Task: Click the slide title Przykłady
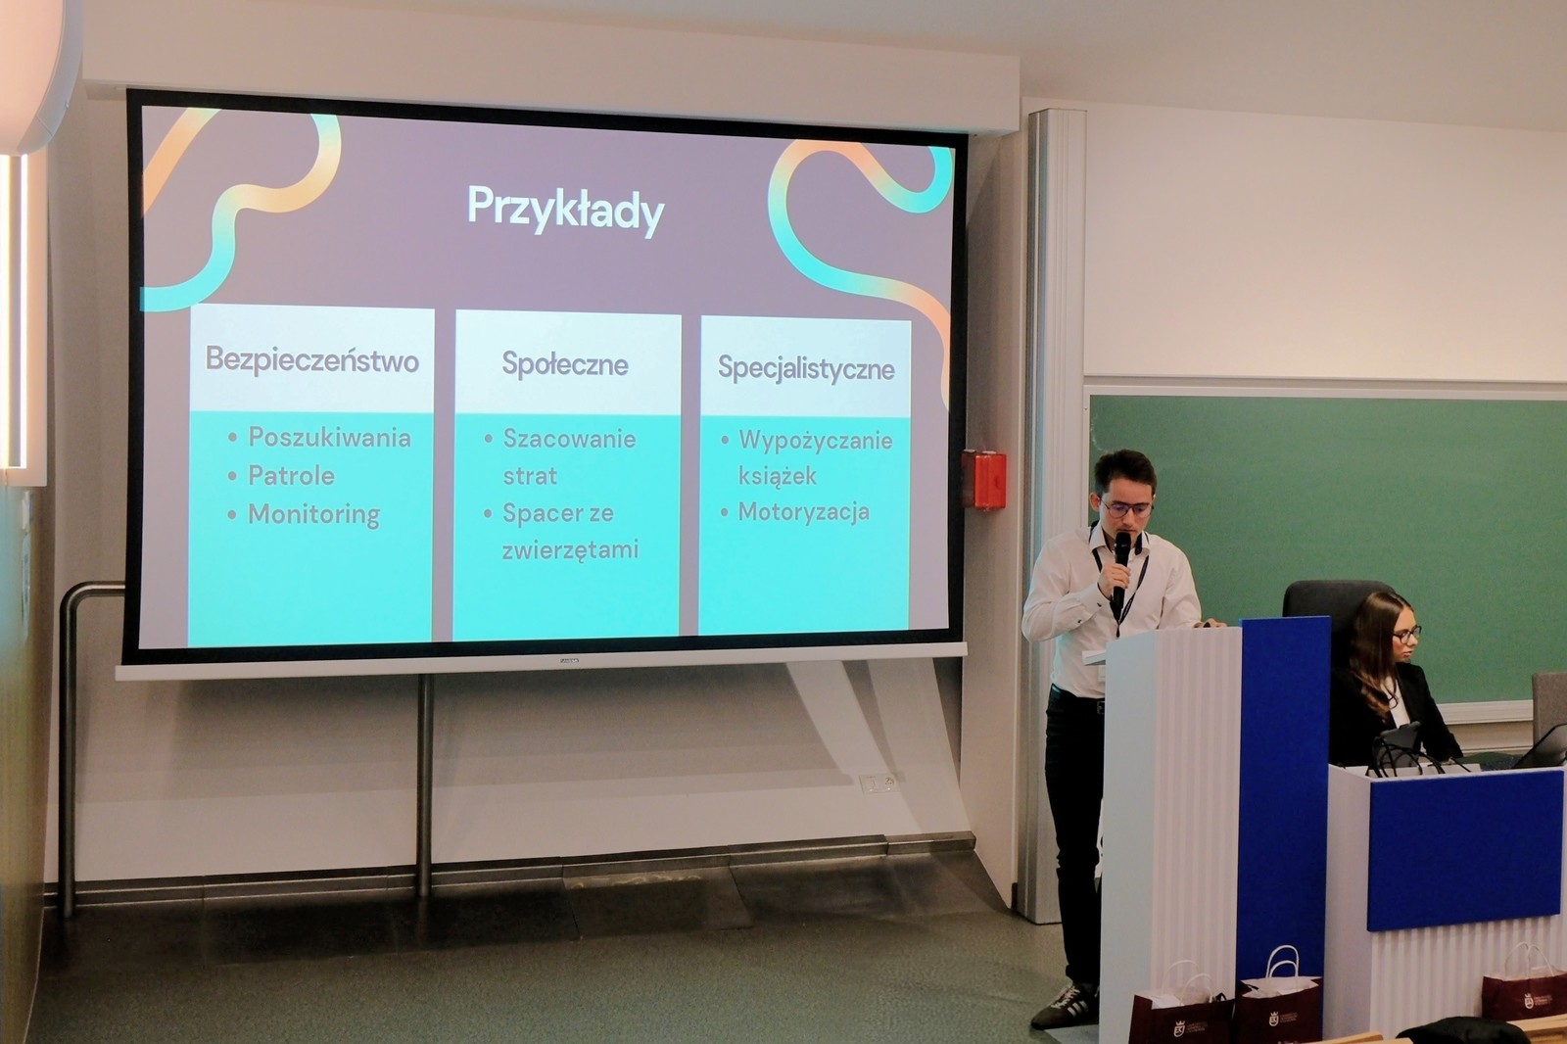coord(565,210)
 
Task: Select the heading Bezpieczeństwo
coord(312,359)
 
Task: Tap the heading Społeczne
coord(565,364)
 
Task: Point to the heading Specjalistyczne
coord(806,368)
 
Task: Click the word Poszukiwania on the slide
coord(329,438)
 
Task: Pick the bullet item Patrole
coord(292,476)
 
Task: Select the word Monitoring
coord(314,515)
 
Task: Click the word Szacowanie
coord(569,440)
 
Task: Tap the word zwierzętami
coord(571,549)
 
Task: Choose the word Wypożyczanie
coord(816,442)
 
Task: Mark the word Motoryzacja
coord(804,512)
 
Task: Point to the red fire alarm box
coord(983,479)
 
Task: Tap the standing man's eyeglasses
coord(1125,508)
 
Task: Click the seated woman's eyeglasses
coord(1406,636)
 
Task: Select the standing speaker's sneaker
coord(1065,1005)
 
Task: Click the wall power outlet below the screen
coord(878,783)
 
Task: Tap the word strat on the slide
coord(530,477)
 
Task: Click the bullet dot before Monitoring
coord(232,515)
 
